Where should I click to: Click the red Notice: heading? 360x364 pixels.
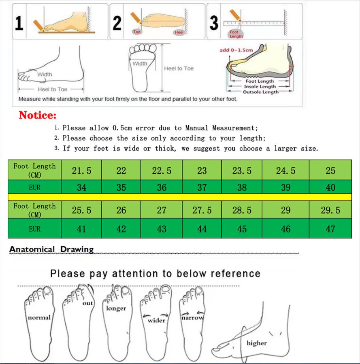pos(38,115)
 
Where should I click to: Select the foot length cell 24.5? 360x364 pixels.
pos(285,170)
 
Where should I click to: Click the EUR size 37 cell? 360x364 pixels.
pos(202,187)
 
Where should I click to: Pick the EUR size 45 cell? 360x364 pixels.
pos(242,229)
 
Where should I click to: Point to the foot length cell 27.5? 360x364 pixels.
pos(202,210)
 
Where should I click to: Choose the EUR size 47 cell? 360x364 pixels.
pos(330,229)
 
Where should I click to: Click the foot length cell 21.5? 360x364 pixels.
pos(81,170)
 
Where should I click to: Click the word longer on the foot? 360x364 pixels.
pos(116,309)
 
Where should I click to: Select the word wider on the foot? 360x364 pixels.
pos(156,321)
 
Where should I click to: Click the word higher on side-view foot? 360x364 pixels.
pos(257,343)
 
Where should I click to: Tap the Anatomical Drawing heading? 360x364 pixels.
pos(51,249)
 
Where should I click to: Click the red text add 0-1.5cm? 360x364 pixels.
pos(236,50)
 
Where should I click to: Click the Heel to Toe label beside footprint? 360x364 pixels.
pos(179,68)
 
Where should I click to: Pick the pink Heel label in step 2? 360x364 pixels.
pos(179,32)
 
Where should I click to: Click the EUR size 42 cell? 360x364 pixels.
pos(121,229)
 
